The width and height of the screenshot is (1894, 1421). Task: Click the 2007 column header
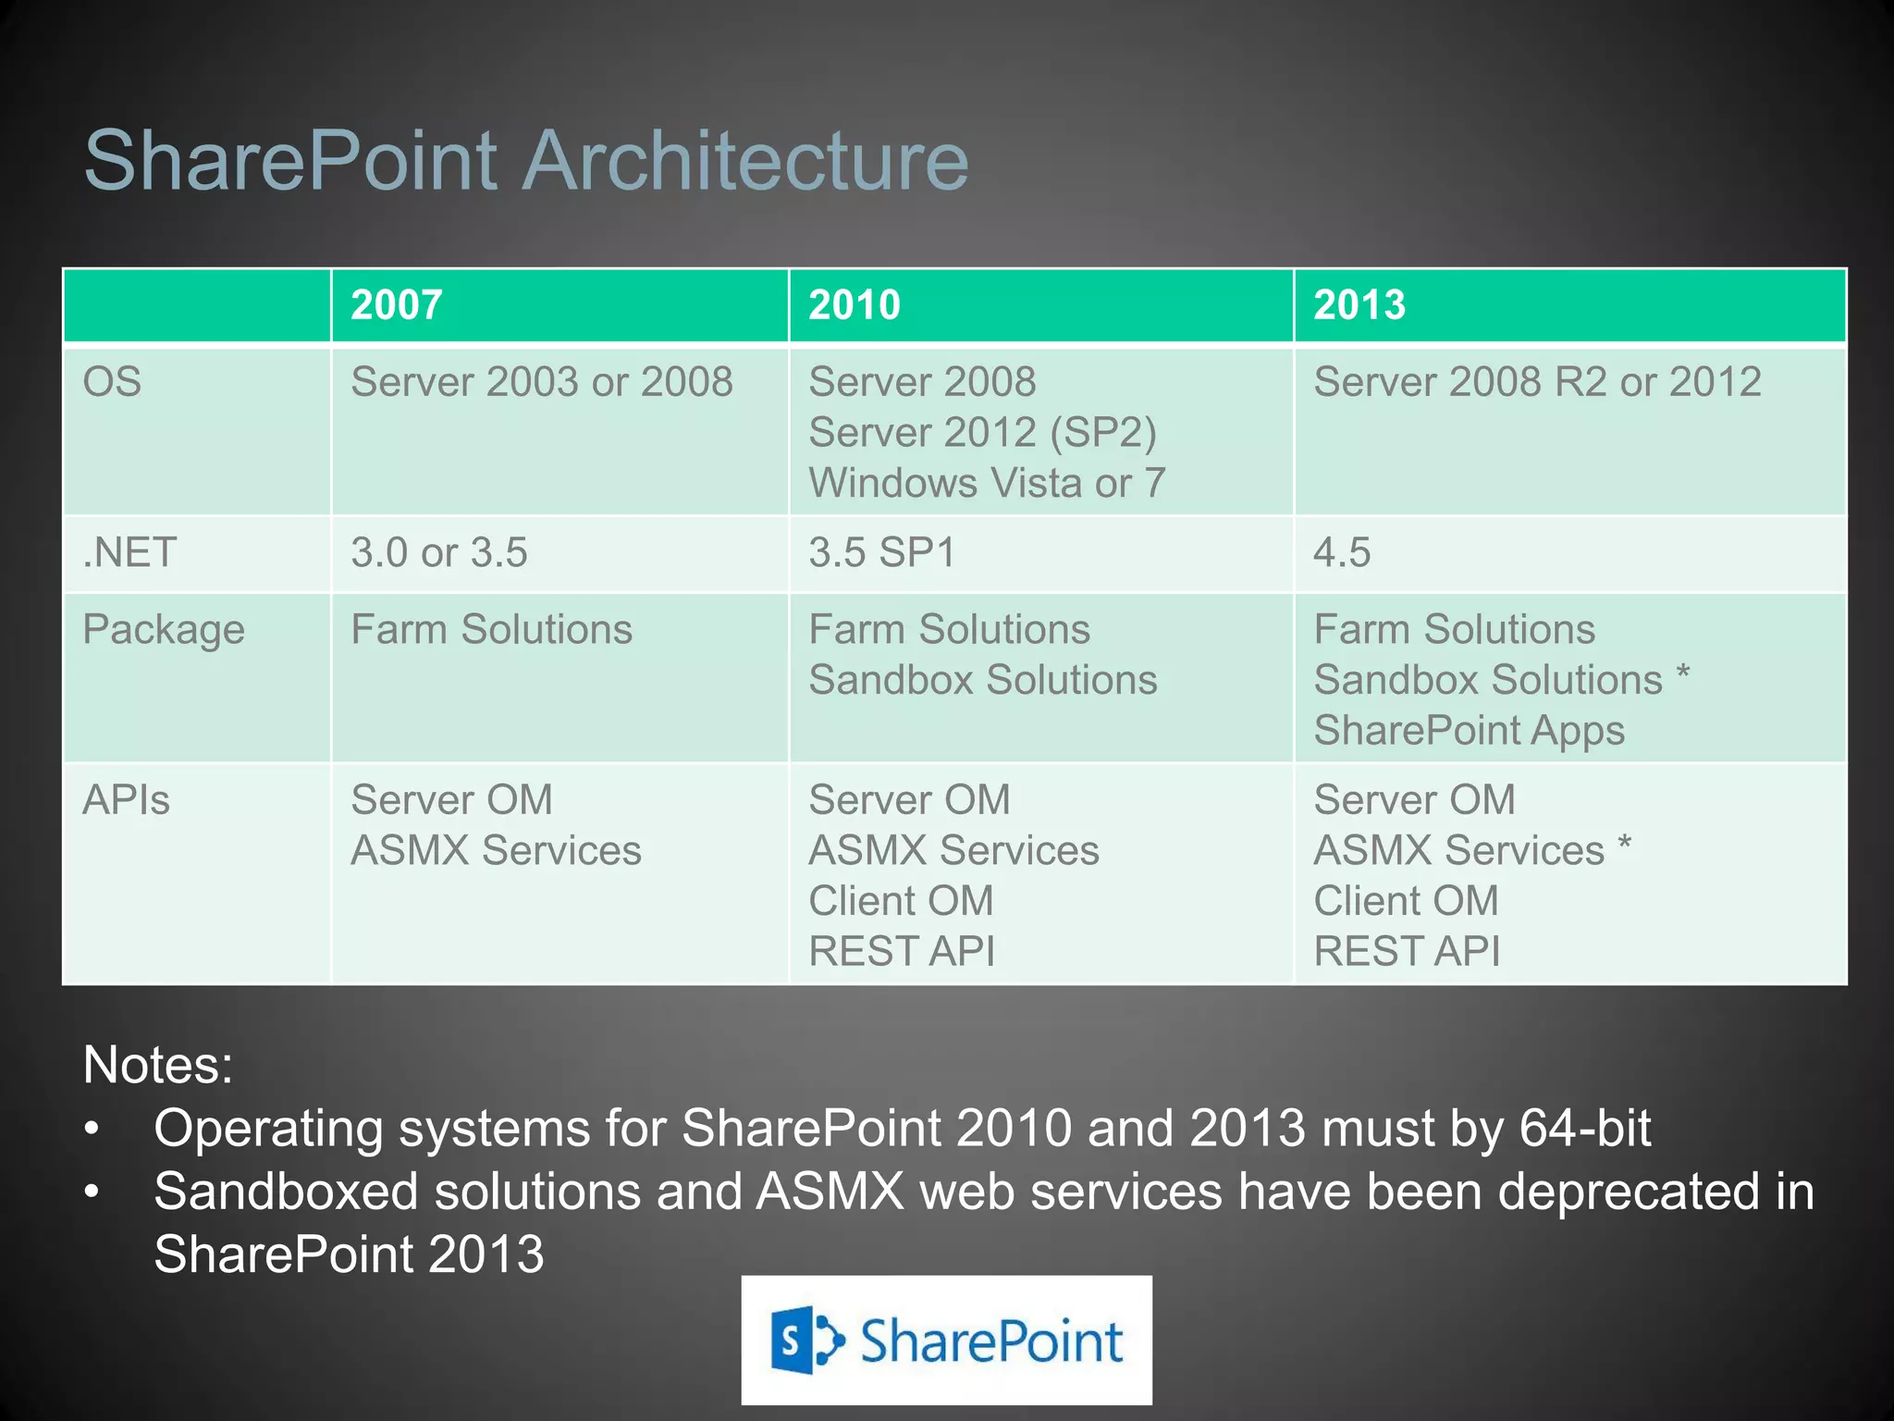click(x=397, y=305)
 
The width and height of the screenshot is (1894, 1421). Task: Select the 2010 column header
click(x=854, y=305)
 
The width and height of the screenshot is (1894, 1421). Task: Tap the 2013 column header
click(x=1359, y=305)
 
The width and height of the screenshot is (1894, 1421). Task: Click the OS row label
click(x=112, y=382)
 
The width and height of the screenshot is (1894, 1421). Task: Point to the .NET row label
click(x=129, y=552)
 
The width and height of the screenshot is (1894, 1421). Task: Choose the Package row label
click(x=164, y=630)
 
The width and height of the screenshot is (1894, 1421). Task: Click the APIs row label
click(x=126, y=800)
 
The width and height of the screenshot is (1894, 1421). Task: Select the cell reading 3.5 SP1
click(x=881, y=552)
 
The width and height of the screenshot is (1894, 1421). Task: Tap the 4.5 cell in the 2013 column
click(x=1341, y=552)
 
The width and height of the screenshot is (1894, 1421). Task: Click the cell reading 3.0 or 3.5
click(x=438, y=552)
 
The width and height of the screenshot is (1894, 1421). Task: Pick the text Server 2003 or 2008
click(x=541, y=382)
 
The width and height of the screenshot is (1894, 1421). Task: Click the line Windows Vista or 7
click(x=986, y=483)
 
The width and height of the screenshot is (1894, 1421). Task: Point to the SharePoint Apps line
click(x=1469, y=731)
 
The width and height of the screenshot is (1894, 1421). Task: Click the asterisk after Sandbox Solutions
click(x=1683, y=673)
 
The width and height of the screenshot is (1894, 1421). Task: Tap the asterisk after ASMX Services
click(x=1624, y=843)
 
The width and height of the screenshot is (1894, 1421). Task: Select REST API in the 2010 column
click(x=901, y=951)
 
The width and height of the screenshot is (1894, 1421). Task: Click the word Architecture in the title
click(x=746, y=161)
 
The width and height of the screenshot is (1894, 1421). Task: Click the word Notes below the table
click(x=157, y=1065)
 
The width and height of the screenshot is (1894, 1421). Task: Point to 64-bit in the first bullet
click(x=1584, y=1129)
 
